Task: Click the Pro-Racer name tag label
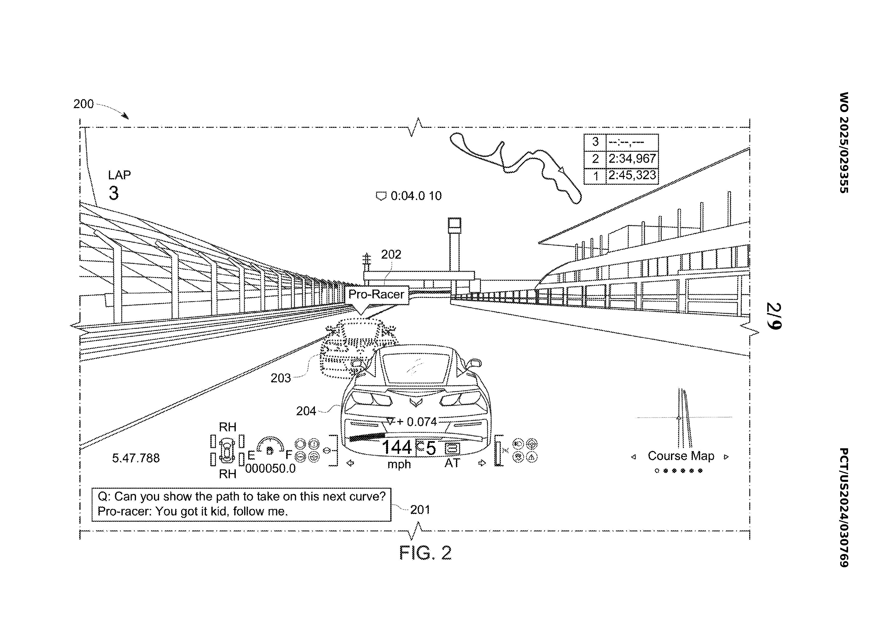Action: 376,294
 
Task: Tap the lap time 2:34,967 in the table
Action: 632,159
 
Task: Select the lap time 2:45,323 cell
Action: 632,175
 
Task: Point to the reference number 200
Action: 83,104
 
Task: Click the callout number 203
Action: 280,378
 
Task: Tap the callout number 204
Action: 306,411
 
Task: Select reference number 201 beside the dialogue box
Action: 420,510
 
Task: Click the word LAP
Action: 119,175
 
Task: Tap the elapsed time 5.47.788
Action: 136,458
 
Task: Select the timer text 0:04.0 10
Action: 416,196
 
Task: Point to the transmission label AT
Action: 452,463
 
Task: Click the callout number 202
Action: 391,255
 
